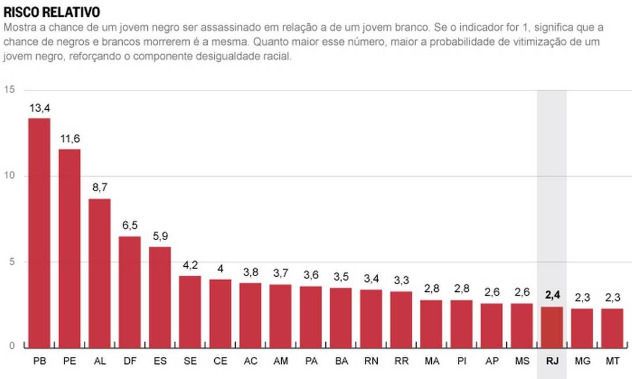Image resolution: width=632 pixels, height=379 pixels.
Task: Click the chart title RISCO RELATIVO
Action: (52, 12)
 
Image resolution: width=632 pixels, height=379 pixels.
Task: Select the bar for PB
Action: (40, 233)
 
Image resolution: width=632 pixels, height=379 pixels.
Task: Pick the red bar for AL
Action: (100, 273)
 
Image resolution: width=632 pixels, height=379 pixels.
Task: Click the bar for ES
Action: (160, 297)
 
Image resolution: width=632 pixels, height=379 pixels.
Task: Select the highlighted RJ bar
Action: (552, 327)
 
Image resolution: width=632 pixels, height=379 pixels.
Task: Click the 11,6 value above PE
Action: (70, 138)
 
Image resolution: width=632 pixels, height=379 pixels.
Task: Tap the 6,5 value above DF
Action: (130, 225)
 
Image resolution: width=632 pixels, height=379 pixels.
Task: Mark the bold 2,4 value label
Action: (552, 295)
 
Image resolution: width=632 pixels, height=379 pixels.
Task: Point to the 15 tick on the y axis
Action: (9, 90)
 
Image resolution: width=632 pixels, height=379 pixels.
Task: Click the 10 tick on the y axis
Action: (9, 176)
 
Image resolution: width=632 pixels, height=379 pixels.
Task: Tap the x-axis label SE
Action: (190, 362)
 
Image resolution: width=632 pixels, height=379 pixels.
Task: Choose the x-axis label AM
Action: (281, 362)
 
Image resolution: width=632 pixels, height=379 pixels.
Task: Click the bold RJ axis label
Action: (552, 362)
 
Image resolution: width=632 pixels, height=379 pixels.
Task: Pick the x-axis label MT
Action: (612, 362)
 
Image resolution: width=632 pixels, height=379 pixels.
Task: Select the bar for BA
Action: (341, 317)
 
